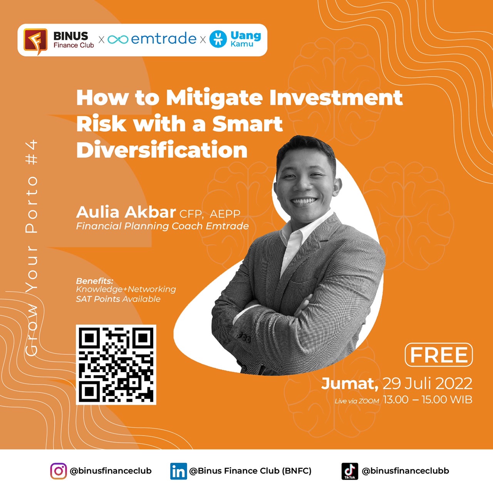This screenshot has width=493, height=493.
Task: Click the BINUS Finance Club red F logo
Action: click(35, 41)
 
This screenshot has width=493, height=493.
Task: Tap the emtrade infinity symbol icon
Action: click(118, 39)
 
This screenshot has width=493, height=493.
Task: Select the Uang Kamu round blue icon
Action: click(218, 39)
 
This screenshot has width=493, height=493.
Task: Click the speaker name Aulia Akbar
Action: click(126, 212)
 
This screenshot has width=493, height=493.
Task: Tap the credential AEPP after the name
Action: click(225, 214)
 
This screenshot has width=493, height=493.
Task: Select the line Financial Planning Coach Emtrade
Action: click(163, 226)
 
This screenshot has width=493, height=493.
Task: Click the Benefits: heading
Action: click(95, 281)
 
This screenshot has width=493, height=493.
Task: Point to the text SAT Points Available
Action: click(118, 299)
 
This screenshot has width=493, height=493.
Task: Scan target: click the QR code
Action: click(116, 365)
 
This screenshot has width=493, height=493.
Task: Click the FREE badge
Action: click(439, 355)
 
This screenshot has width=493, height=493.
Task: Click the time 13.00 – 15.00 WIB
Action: click(428, 400)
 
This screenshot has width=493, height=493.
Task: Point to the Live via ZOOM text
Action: click(357, 401)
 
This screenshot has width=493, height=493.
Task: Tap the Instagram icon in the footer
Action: click(58, 471)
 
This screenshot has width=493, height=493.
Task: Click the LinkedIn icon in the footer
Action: click(179, 471)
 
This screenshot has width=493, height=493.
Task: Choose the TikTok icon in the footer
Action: click(350, 471)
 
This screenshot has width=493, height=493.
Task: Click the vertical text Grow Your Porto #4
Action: click(32, 248)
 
